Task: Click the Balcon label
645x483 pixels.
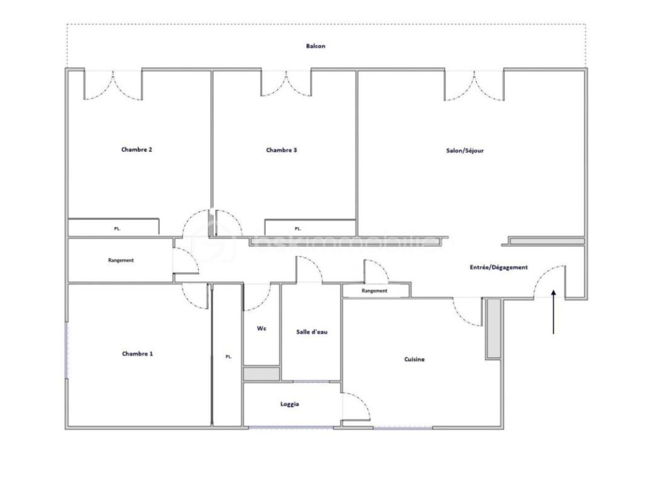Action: (316, 47)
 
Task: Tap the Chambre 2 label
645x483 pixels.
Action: (137, 150)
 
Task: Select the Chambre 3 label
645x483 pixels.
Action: (282, 150)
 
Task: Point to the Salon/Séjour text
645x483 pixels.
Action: (465, 151)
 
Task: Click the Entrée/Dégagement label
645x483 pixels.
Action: (498, 267)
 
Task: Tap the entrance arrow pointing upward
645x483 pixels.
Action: (553, 311)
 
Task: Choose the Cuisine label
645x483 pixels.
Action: (414, 360)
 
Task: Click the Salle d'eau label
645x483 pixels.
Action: (312, 332)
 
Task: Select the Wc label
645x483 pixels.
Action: (261, 329)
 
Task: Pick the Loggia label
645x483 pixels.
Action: (290, 404)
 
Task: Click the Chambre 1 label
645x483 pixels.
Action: (137, 354)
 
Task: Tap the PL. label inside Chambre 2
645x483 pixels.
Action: (117, 229)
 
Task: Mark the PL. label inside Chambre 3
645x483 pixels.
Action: (298, 229)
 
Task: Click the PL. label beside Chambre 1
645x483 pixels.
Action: (229, 357)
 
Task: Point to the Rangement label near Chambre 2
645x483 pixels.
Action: (120, 260)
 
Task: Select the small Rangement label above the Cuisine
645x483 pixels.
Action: (374, 291)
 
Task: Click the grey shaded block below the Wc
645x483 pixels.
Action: (261, 374)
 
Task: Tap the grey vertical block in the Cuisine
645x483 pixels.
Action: (493, 328)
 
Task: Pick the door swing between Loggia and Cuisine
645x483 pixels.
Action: (356, 407)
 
